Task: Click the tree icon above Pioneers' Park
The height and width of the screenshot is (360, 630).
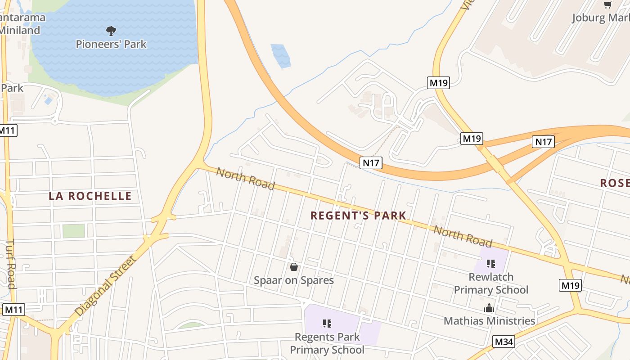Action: [111, 31]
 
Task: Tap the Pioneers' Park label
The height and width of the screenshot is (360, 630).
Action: [111, 44]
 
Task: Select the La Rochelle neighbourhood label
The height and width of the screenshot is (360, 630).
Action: [90, 196]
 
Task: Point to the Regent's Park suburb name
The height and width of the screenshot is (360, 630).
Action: [358, 216]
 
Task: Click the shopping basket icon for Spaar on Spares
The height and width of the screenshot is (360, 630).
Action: [294, 267]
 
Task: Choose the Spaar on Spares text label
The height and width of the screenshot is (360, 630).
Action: [294, 280]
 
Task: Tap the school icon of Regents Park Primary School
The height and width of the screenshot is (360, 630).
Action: [327, 323]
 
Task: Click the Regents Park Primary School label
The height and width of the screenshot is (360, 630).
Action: [327, 343]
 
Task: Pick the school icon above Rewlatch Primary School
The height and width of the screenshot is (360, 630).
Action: [491, 263]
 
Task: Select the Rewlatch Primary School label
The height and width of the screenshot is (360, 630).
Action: [491, 283]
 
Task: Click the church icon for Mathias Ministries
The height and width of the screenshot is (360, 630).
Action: [489, 308]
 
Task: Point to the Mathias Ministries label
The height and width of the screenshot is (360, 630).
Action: [489, 321]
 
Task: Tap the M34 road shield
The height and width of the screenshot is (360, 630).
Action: [504, 342]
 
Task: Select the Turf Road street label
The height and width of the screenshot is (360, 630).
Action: [10, 264]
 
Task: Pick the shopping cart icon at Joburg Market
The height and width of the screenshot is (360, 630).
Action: [608, 5]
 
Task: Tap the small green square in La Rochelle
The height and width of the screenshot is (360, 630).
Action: [73, 231]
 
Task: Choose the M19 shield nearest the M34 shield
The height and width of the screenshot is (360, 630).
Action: [571, 285]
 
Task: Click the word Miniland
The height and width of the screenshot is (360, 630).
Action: [20, 31]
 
